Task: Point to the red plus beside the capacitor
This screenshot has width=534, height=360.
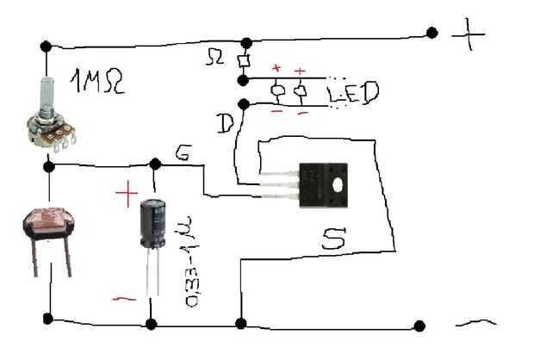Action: (x=126, y=194)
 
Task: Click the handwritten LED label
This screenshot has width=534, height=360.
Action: (x=352, y=92)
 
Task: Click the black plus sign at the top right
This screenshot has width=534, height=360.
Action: (x=470, y=34)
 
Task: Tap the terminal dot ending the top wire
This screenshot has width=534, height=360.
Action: (x=432, y=34)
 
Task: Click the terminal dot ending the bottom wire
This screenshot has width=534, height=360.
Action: (x=419, y=326)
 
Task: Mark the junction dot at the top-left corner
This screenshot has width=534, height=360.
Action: (x=45, y=45)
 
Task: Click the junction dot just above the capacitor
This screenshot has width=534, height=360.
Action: (x=155, y=164)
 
